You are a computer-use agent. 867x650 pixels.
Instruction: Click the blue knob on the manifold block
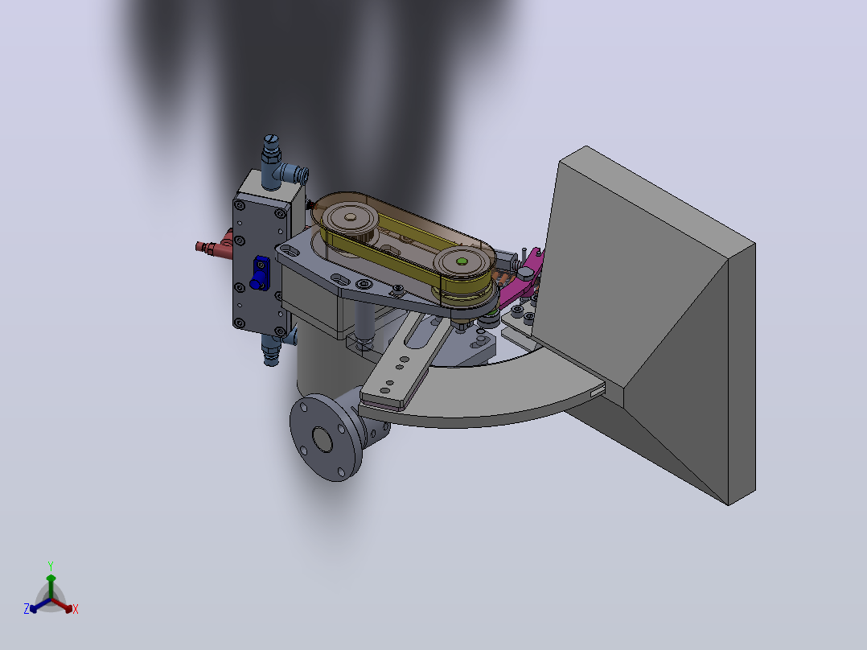pyautogui.click(x=259, y=274)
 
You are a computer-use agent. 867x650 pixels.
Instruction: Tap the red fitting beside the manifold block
pyautogui.click(x=215, y=246)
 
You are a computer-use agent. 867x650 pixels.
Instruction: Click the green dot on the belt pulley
pyautogui.click(x=461, y=261)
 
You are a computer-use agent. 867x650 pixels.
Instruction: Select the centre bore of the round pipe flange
pyautogui.click(x=323, y=439)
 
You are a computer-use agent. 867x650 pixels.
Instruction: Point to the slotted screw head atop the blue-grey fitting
pyautogui.click(x=270, y=139)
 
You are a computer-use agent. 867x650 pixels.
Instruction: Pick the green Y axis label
pyautogui.click(x=51, y=566)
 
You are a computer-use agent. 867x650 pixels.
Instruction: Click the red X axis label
pyautogui.click(x=76, y=609)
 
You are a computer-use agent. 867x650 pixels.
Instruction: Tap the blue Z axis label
pyautogui.click(x=27, y=609)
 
